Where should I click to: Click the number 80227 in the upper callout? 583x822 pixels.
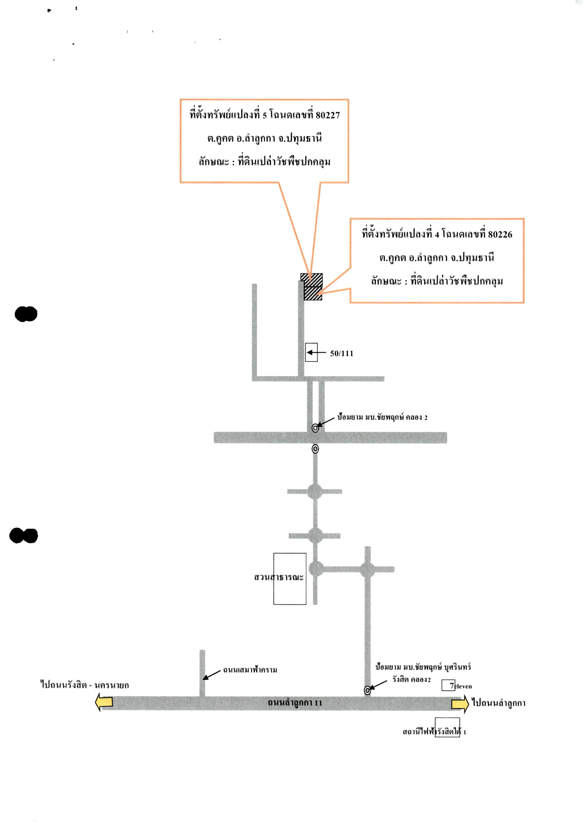(328, 115)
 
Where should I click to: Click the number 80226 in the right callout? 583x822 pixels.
(500, 235)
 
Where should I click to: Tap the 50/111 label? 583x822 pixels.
(341, 354)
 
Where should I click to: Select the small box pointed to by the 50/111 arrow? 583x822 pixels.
(311, 352)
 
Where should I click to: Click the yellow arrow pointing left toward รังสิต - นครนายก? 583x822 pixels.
(104, 702)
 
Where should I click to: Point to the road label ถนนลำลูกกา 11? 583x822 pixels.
(295, 703)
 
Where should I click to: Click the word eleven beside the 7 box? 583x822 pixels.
(463, 686)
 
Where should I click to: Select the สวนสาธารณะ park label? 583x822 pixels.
(279, 577)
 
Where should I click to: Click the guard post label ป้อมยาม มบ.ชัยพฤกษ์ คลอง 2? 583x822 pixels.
(382, 417)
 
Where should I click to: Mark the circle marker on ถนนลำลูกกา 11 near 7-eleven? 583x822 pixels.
(367, 690)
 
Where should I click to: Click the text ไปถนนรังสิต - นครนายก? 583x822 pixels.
(84, 685)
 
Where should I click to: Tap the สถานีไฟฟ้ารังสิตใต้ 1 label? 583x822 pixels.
(434, 732)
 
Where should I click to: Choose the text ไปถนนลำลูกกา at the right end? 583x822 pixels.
(499, 703)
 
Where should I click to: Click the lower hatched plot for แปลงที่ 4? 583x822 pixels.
(313, 293)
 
